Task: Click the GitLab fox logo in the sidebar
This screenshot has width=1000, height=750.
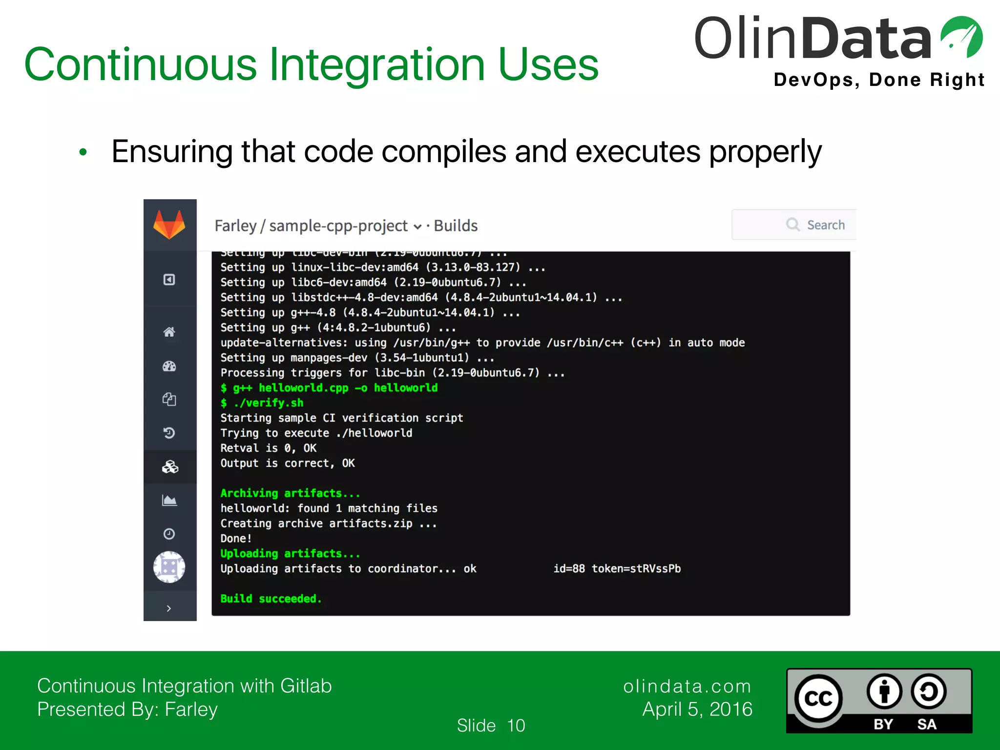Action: coord(169,225)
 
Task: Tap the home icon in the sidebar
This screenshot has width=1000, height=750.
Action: coord(169,332)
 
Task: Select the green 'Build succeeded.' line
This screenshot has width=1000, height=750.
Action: coord(271,599)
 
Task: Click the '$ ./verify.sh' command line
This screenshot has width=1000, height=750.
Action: coord(262,403)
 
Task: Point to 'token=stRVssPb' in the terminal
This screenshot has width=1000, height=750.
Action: coord(636,568)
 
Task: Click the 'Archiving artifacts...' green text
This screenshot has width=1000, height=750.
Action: coord(290,493)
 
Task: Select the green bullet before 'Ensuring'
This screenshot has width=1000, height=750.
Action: coord(83,152)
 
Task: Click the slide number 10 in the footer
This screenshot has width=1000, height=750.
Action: coord(516,726)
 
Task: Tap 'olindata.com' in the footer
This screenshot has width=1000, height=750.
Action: coord(687,686)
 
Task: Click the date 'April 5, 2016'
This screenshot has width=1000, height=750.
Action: coord(697,709)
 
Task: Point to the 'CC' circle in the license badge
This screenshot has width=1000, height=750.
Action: coord(818,699)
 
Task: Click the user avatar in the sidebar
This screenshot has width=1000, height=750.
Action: coord(169,567)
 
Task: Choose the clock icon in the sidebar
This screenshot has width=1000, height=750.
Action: coord(169,534)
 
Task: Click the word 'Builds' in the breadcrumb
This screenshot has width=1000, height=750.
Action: coord(456,226)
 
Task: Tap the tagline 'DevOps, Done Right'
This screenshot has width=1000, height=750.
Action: coord(879,80)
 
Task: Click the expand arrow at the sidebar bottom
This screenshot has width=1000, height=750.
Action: coord(169,608)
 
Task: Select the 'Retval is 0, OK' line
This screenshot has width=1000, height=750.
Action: coord(268,448)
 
